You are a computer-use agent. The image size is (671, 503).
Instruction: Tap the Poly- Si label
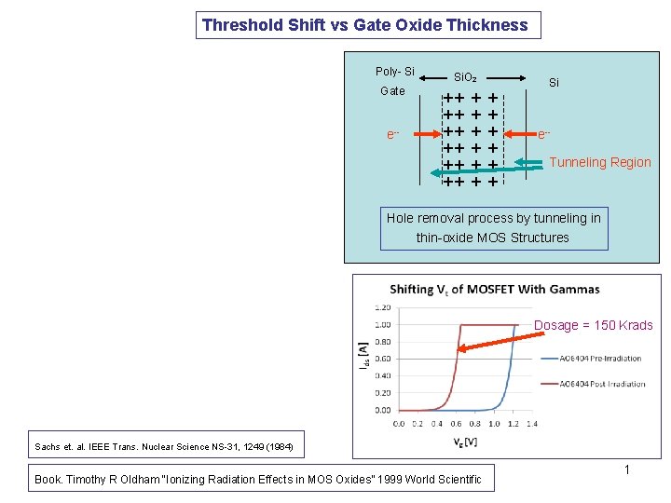click(395, 72)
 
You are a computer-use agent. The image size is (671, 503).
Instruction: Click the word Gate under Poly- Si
click(393, 91)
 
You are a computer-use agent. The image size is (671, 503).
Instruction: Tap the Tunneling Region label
click(600, 162)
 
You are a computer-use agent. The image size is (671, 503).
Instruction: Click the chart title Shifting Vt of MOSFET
click(494, 289)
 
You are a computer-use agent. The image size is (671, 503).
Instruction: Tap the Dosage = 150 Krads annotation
click(593, 325)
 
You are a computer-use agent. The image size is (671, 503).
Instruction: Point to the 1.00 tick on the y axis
click(382, 324)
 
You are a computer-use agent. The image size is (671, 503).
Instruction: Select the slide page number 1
click(626, 469)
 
